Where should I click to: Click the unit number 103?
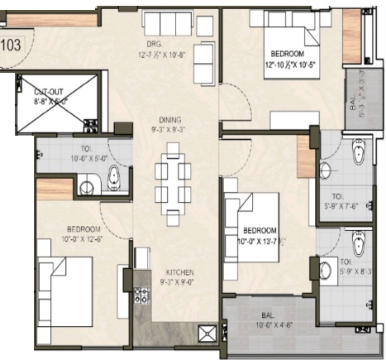12,46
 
